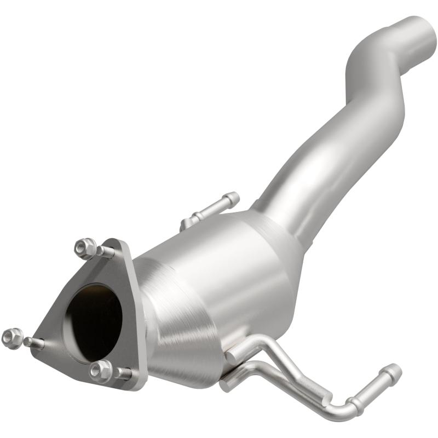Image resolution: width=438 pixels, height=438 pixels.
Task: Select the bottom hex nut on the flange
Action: pyautogui.click(x=101, y=371)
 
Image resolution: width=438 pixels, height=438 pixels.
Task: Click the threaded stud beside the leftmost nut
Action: pyautogui.click(x=34, y=343)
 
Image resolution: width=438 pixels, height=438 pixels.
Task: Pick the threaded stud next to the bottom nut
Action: pyautogui.click(x=123, y=374)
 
